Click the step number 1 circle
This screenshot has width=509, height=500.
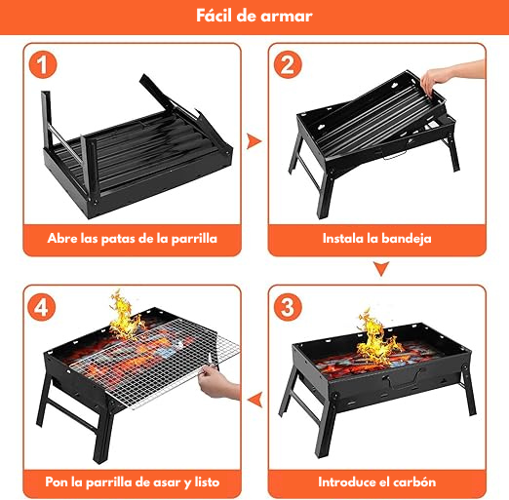point(43,64)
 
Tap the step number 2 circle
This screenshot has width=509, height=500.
point(288,64)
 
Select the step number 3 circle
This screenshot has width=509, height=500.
point(288,307)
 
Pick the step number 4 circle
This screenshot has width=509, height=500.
point(42,307)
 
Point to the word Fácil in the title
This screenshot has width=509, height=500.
point(215,16)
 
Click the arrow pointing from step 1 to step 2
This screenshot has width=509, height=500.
point(254,141)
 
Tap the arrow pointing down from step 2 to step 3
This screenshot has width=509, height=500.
point(381,268)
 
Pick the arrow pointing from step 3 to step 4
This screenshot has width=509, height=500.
point(254,400)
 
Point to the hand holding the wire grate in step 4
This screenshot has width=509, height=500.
point(217,382)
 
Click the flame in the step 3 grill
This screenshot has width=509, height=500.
point(378,339)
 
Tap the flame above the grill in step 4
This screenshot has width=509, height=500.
point(125,315)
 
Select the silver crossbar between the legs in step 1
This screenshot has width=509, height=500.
point(66,144)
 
